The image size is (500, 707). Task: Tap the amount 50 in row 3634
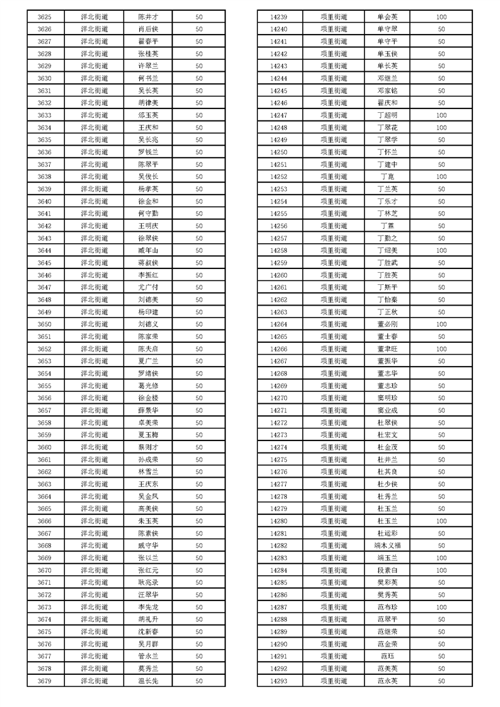point(199,127)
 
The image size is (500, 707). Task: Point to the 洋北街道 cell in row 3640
point(95,201)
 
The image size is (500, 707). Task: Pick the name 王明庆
point(148,226)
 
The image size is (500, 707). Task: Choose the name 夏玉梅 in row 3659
point(148,435)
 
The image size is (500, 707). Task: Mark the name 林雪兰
point(148,472)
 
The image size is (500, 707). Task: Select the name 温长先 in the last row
point(148,681)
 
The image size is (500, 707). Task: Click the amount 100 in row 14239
point(441,17)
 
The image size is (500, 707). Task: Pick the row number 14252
point(278,176)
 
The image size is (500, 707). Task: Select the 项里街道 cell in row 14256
point(334,226)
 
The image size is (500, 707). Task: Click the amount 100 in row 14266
point(441,348)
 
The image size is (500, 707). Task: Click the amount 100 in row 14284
point(441,570)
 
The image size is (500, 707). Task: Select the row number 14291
point(278,657)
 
